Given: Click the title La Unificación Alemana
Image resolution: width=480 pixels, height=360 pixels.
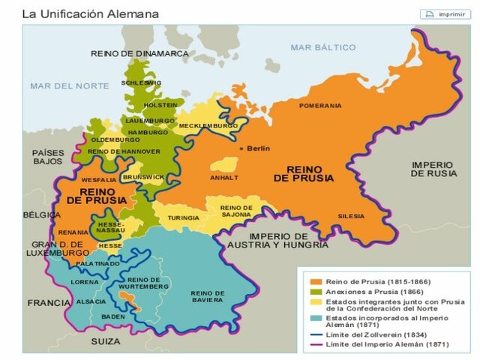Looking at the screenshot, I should coord(89,13).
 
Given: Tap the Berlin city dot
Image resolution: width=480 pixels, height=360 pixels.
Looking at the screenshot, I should coord(241,148).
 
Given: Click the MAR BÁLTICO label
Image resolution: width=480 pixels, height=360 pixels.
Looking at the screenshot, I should coord(323,47).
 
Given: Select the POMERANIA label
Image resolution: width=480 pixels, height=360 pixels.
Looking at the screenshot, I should coord(320,106).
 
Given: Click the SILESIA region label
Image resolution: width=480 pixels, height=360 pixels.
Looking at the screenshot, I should coord(350,216).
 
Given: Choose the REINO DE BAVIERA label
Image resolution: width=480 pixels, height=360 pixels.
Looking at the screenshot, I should coord(207,296).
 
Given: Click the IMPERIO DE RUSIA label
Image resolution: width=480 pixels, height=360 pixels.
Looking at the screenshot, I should coord(433,169).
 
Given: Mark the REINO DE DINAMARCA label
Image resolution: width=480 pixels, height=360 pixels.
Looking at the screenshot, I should coord(139,53).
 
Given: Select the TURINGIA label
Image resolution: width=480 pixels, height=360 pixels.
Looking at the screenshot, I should coord(184,217).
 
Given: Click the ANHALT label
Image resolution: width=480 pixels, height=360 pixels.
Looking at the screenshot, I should coord(225,178).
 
